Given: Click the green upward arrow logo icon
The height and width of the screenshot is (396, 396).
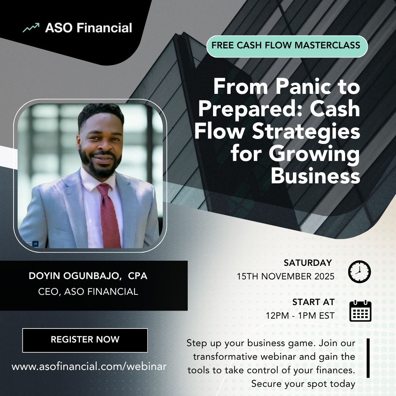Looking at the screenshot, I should pos(31,28).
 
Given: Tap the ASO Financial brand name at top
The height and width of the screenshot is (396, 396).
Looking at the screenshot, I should pos(88,28).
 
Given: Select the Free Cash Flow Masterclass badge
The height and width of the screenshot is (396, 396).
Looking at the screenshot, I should pos(287,46).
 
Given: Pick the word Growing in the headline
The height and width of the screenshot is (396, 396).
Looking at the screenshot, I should pos(314,154).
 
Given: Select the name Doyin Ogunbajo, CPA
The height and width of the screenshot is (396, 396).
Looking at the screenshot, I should pos(88,276).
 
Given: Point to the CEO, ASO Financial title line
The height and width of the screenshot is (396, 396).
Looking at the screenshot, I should pos(88,292).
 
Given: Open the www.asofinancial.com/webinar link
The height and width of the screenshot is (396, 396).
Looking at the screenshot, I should pos(89,366).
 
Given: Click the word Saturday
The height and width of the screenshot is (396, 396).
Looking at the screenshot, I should pos(308,263).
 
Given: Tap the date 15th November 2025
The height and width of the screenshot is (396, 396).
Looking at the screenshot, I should pos(286,276).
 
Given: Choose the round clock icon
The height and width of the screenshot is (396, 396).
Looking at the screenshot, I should pos(359,272).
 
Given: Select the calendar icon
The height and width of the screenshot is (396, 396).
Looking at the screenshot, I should pos(360,311).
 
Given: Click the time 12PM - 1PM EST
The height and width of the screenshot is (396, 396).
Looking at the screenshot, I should pos(300,316).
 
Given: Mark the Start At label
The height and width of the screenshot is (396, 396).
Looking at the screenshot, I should pos(313,302).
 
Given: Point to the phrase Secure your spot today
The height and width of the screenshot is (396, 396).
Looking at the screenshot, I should pos(303,384).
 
